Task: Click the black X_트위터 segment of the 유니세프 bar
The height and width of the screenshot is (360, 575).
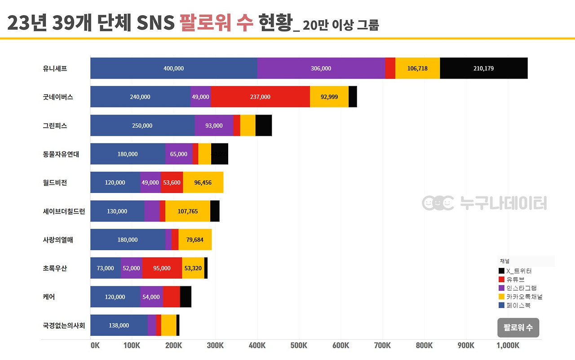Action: pyautogui.click(x=483, y=68)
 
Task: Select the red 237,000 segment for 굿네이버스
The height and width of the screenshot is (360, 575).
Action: pyautogui.click(x=260, y=97)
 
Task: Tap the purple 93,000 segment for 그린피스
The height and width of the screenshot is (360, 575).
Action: pyautogui.click(x=214, y=125)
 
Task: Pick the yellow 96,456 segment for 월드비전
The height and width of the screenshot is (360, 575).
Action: pyautogui.click(x=203, y=182)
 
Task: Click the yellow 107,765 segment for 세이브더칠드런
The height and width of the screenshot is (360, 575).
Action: pyautogui.click(x=188, y=211)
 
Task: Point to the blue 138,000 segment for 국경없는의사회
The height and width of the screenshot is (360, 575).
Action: pyautogui.click(x=119, y=325)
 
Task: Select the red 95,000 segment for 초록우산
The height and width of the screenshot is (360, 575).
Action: pyautogui.click(x=162, y=268)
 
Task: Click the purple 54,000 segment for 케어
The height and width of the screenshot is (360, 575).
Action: pyautogui.click(x=151, y=297)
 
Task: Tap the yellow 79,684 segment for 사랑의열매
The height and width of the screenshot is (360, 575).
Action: pyautogui.click(x=195, y=240)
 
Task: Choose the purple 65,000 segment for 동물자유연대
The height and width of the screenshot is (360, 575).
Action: pyautogui.click(x=179, y=154)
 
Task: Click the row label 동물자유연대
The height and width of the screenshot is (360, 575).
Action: pyautogui.click(x=61, y=154)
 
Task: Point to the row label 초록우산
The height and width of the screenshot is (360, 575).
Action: pyautogui.click(x=55, y=268)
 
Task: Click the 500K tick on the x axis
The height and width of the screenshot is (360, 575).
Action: pyautogui.click(x=299, y=346)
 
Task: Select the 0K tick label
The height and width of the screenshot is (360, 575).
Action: pyautogui.click(x=95, y=346)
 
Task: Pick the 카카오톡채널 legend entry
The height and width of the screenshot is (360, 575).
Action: pyautogui.click(x=524, y=297)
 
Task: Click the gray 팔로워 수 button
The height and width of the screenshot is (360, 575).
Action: pyautogui.click(x=518, y=328)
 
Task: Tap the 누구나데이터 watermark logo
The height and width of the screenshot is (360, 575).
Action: pyautogui.click(x=484, y=203)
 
